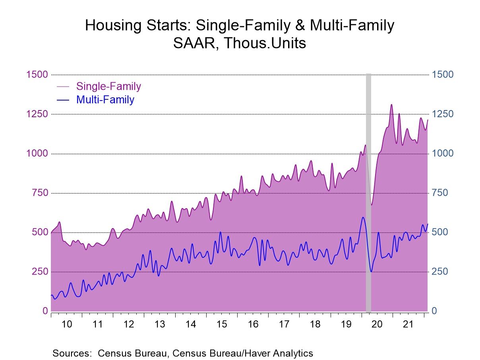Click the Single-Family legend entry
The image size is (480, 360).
[108, 86]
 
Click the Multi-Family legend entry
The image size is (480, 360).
[105, 99]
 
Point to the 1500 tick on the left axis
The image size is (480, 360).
[37, 75]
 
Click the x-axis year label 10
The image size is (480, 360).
[67, 324]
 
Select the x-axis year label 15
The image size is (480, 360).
[222, 324]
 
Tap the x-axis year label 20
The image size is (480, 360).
[377, 324]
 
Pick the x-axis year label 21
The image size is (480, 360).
[408, 324]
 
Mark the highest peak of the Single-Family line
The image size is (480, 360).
[391, 105]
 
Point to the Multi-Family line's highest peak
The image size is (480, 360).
[363, 217]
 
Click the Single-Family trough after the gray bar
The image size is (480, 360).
[372, 205]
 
